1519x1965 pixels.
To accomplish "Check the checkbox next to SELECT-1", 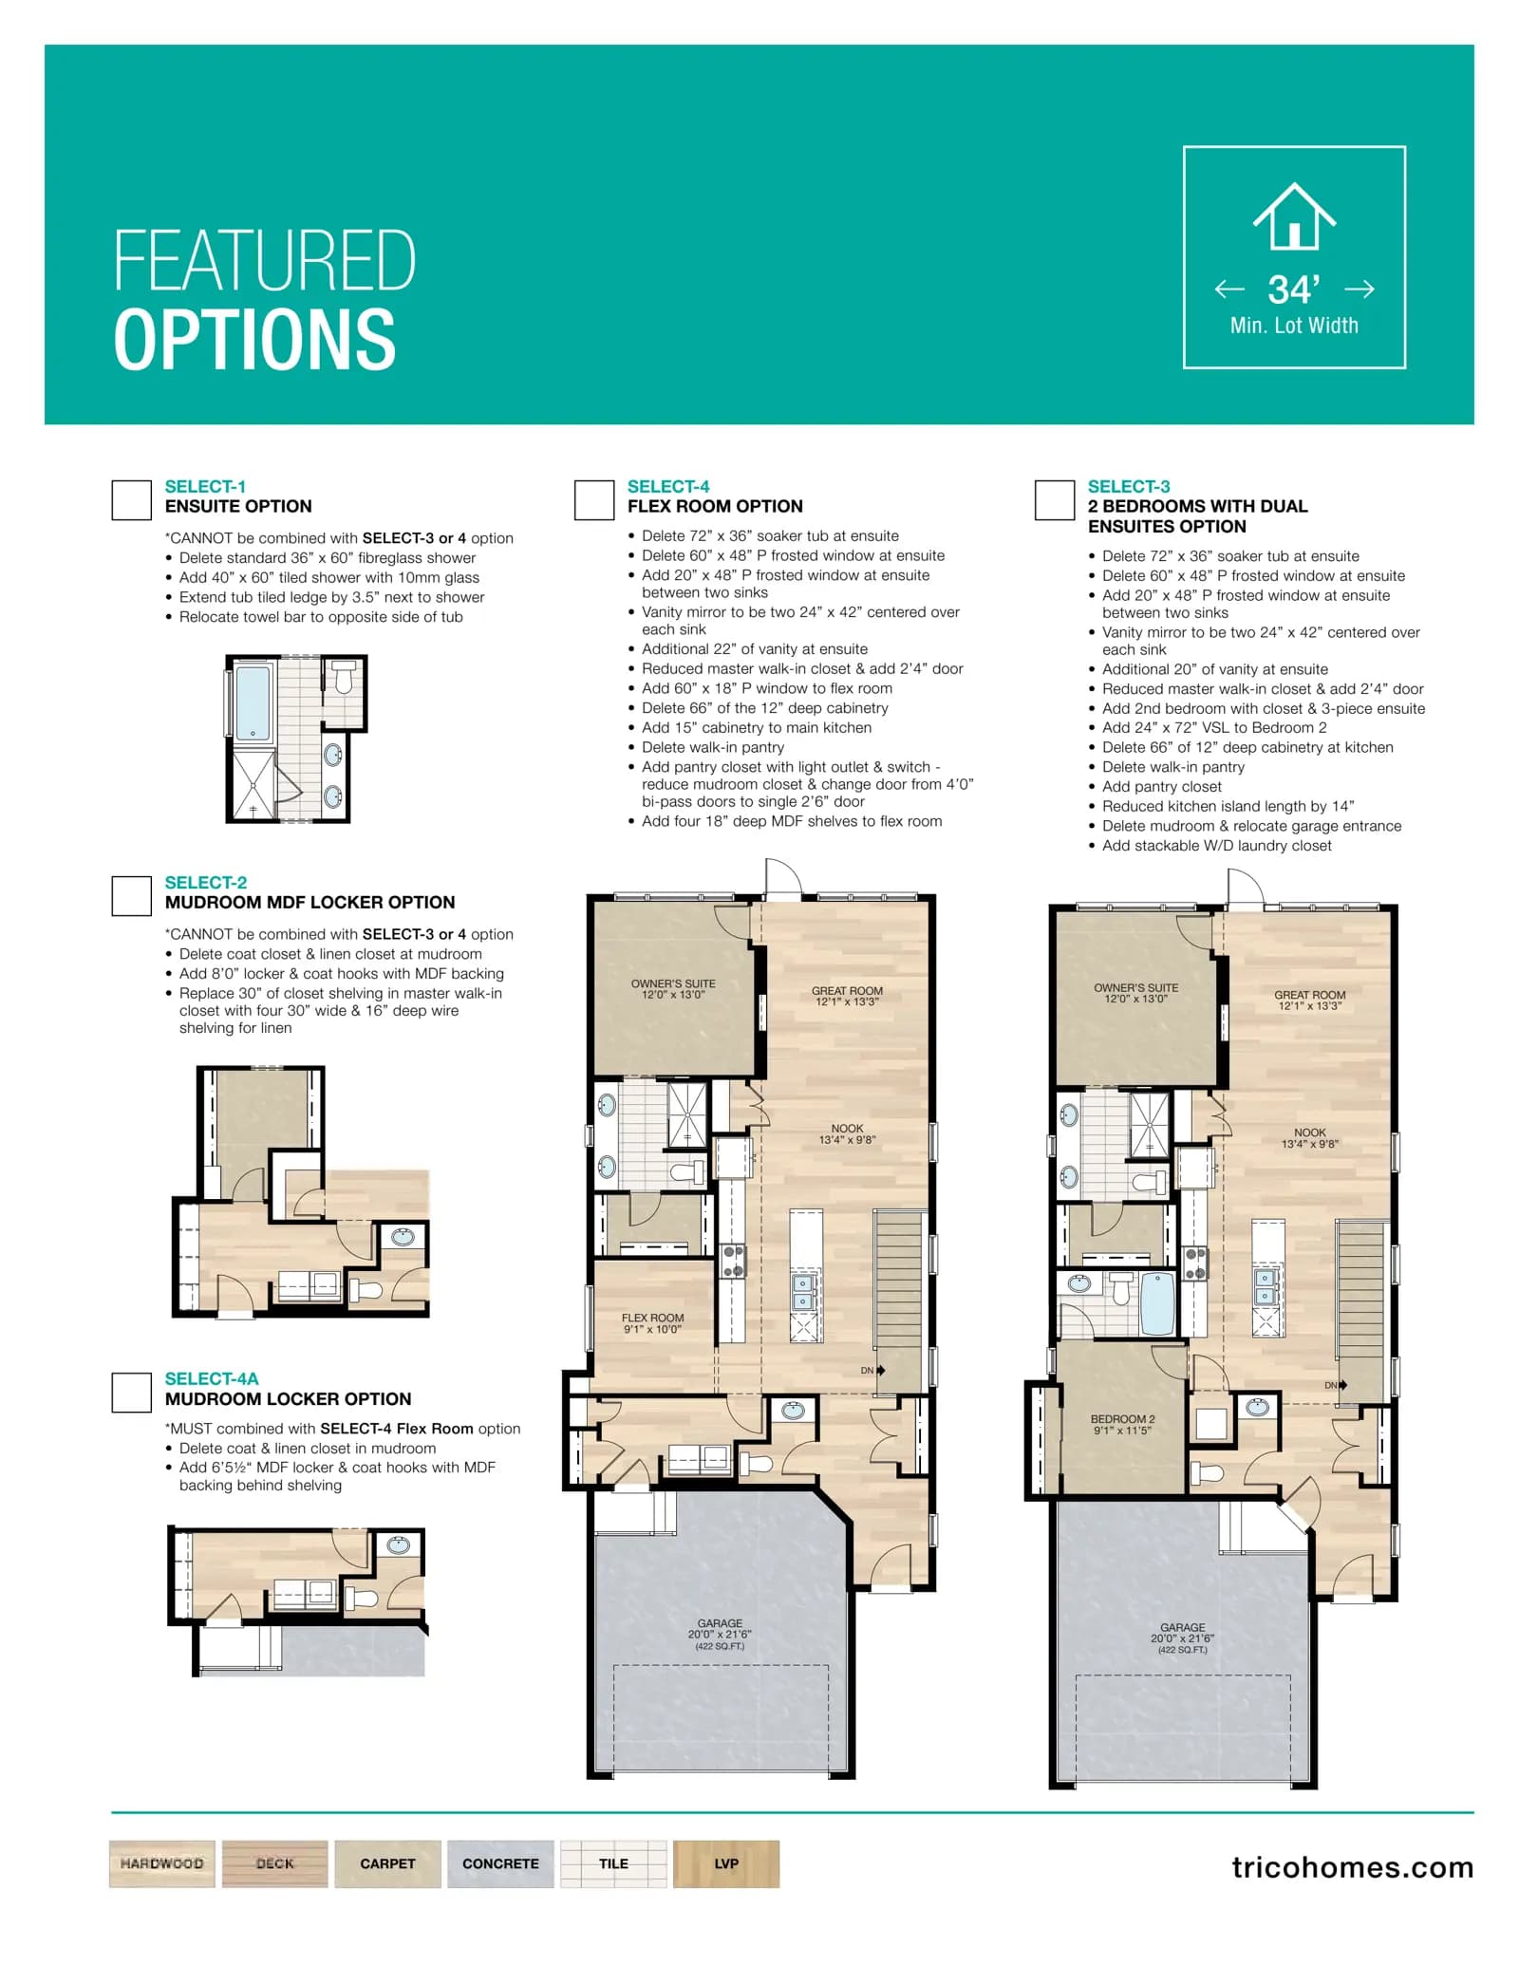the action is click(131, 499).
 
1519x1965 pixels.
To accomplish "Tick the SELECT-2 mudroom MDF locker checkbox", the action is click(131, 895).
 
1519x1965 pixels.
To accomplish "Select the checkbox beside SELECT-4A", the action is click(131, 1392).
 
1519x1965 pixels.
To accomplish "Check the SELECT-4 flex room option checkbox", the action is click(593, 499).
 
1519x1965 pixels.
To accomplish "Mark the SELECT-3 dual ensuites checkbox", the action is click(1054, 499).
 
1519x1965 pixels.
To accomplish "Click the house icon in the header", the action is click(1294, 216).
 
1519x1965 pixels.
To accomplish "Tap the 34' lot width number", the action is click(1293, 290).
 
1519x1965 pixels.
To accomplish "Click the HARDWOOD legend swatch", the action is click(162, 1863).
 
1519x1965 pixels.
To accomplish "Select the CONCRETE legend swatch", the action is click(500, 1863).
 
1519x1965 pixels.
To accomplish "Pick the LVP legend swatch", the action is click(726, 1863).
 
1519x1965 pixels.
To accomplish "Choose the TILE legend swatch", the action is click(613, 1863).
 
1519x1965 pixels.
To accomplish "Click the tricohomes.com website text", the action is click(1353, 1867).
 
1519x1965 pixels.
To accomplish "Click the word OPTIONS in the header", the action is click(254, 339).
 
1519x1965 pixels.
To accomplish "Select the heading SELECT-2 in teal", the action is click(206, 882).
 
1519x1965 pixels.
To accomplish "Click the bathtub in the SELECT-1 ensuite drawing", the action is click(253, 702).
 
